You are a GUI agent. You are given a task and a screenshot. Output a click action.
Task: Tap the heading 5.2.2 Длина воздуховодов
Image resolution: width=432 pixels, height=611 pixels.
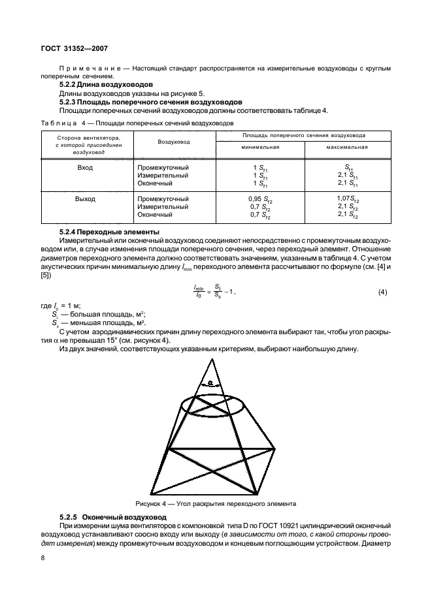coord(106,85)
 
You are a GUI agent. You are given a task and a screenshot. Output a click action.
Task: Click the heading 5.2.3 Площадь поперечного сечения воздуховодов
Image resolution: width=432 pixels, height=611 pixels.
coord(150,102)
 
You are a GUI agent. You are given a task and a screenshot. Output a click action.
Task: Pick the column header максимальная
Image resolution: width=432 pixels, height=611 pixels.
coord(346,147)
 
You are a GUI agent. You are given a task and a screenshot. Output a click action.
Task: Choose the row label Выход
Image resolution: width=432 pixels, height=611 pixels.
coord(85,198)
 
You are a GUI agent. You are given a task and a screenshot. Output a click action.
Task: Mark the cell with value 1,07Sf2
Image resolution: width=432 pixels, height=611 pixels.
coord(346,198)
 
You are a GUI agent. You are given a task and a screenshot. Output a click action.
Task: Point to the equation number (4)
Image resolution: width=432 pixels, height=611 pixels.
coord(382,292)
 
